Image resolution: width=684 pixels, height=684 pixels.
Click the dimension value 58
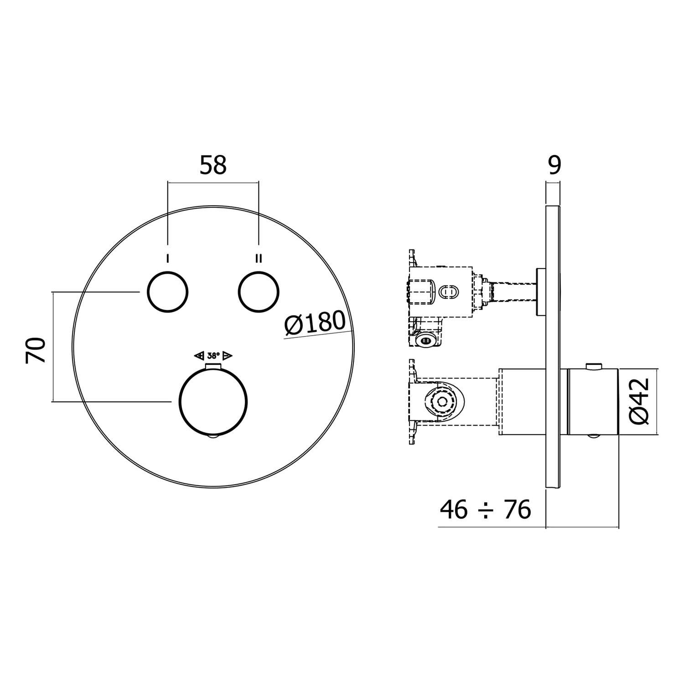coord(213,165)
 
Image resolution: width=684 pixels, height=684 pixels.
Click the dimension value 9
coord(554,165)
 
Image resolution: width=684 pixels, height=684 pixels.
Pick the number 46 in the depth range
coord(454,509)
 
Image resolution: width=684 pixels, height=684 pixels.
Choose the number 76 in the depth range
coord(517,509)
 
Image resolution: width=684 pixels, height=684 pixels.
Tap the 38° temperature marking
coord(213,355)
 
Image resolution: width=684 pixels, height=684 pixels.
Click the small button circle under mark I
coord(167,292)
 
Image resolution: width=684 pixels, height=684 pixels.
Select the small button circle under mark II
coord(259,292)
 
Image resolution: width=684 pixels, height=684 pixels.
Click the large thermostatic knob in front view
coord(213,402)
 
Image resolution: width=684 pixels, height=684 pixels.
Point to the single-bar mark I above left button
coord(168,259)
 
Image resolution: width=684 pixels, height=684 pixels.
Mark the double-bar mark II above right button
coord(259,259)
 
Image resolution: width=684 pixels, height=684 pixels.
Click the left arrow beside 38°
coord(199,355)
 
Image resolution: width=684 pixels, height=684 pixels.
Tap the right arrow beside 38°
coord(228,355)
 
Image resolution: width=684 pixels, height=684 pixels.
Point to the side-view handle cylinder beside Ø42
coord(593,402)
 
